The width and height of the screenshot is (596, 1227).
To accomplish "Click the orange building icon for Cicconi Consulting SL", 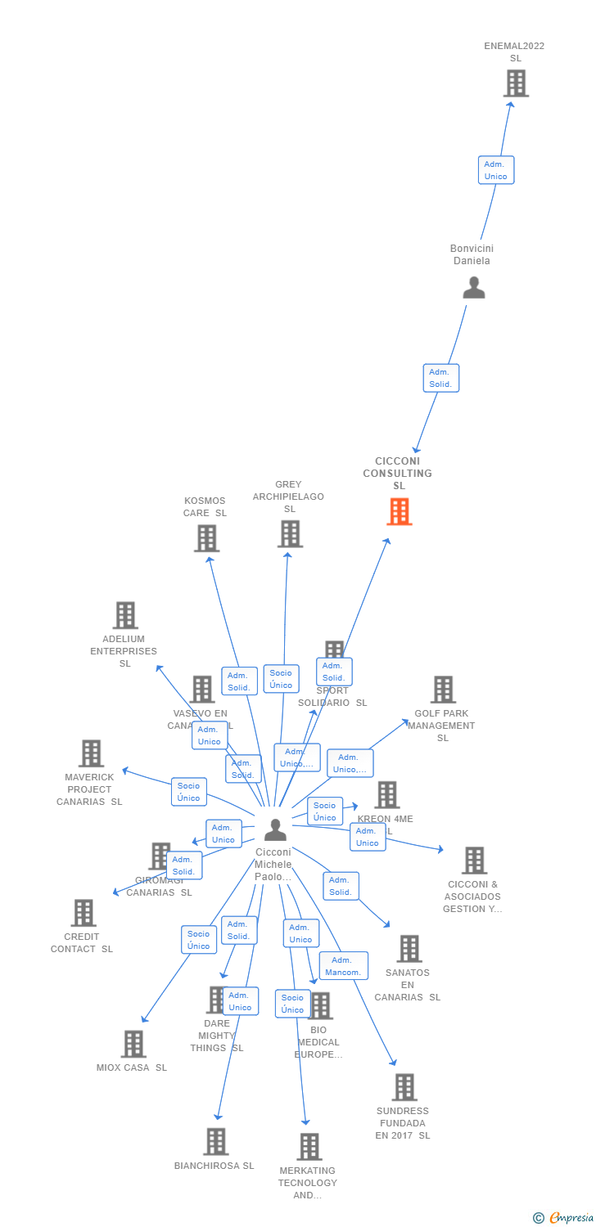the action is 399,511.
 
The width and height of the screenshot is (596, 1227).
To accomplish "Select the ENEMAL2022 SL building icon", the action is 516,83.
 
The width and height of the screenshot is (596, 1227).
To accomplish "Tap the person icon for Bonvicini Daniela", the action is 473,288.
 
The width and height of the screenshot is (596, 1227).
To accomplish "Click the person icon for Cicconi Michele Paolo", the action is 275,829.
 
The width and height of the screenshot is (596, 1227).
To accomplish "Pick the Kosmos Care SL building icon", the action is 206,538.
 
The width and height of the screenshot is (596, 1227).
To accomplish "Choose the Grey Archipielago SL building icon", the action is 290,534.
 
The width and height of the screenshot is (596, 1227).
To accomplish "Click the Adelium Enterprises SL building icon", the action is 124,615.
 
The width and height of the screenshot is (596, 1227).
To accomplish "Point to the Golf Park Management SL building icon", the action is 443,690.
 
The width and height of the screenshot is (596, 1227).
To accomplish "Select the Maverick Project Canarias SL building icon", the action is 91,753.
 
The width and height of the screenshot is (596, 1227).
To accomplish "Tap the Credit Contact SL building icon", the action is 83,913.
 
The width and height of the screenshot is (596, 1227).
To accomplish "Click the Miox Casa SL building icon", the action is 133,1044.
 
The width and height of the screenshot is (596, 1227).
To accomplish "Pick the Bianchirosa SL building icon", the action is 215,1141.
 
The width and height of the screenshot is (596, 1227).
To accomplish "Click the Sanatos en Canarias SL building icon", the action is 409,949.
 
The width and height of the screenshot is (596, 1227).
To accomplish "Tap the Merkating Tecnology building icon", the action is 309,1147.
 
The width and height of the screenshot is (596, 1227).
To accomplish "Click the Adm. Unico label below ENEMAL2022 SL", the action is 496,170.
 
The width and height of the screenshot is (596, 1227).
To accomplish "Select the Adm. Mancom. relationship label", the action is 343,966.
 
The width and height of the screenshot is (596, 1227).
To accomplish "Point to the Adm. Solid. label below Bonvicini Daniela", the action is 440,378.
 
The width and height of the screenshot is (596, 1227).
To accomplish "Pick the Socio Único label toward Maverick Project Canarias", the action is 188,792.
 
